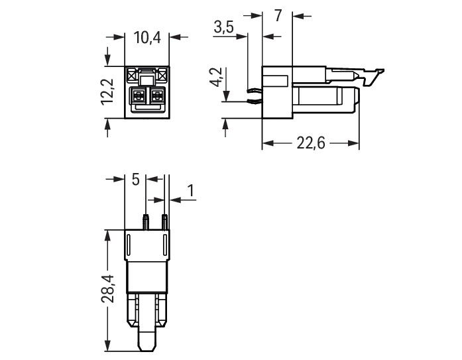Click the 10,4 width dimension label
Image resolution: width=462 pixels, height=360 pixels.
pyautogui.click(x=147, y=38)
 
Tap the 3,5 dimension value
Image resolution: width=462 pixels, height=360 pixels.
pyautogui.click(x=225, y=27)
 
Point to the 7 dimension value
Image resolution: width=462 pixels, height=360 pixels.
pyautogui.click(x=278, y=15)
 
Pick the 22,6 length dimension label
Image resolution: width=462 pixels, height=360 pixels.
pyautogui.click(x=311, y=144)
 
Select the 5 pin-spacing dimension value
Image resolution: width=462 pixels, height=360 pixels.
pyautogui.click(x=135, y=180)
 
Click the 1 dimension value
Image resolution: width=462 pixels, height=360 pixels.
pyautogui.click(x=191, y=191)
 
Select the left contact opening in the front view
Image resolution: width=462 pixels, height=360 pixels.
pyautogui.click(x=139, y=96)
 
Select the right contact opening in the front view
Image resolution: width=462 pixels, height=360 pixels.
pyautogui.click(x=157, y=96)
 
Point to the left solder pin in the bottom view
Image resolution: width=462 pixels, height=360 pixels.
pyautogui.click(x=144, y=221)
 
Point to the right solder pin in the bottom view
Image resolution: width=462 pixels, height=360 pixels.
pyautogui.click(x=164, y=221)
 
